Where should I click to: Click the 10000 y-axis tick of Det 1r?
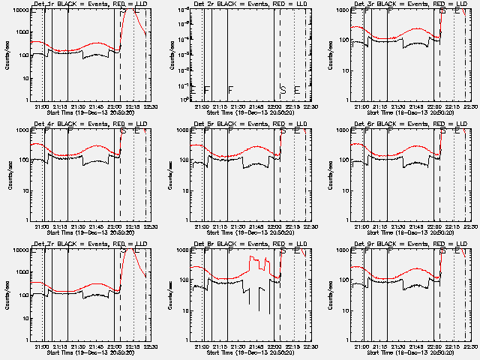20,11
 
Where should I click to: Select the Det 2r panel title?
246,4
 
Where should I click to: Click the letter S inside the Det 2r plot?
283,91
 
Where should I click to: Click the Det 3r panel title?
406,4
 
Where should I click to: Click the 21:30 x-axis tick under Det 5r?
239,226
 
